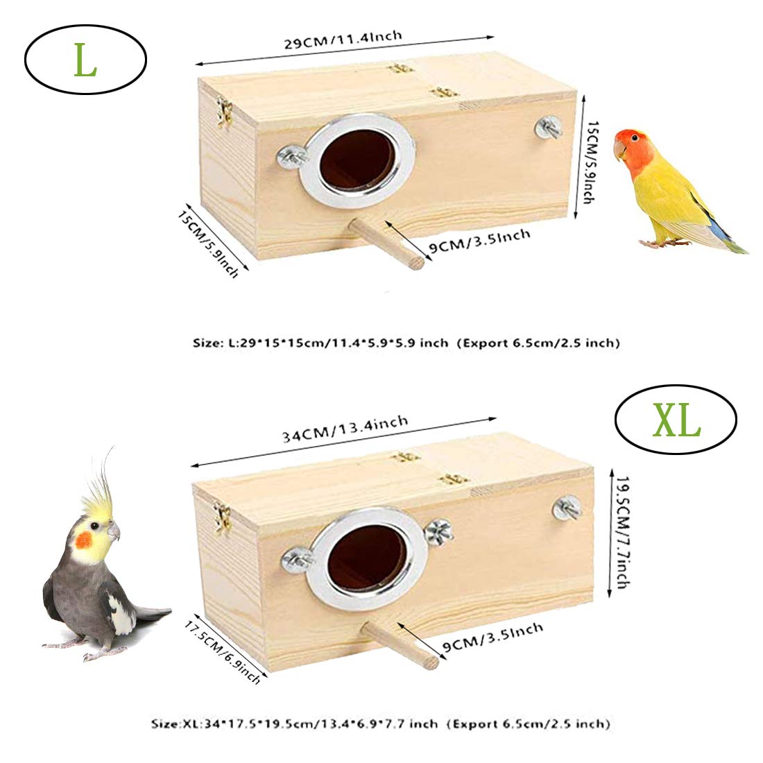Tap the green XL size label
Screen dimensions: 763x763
coord(676,421)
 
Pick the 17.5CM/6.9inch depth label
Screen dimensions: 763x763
coord(223,651)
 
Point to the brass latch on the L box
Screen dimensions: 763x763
coord(224,112)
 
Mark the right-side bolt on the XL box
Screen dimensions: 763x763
coord(567,508)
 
